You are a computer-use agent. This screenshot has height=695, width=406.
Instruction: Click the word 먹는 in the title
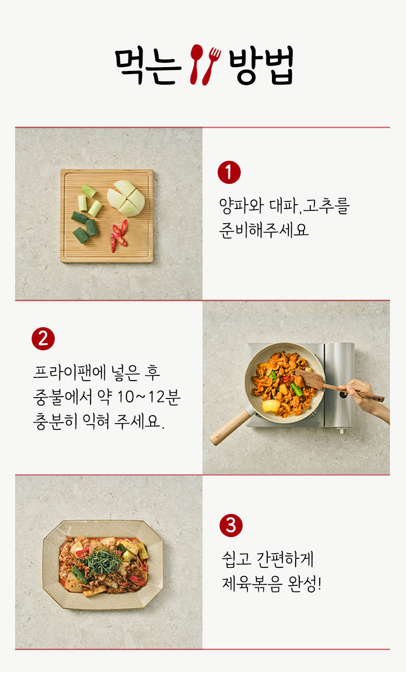coord(148,66)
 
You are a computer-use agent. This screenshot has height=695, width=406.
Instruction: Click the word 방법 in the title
coord(261,66)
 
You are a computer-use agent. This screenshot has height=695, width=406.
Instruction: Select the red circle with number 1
coord(229,172)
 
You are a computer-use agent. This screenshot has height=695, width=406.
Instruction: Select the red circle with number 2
coord(43,339)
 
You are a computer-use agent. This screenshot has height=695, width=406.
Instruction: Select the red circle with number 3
coord(231,525)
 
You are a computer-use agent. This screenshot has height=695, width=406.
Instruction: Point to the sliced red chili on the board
coord(119,234)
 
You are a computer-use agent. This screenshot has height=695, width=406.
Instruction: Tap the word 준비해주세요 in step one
coord(263,230)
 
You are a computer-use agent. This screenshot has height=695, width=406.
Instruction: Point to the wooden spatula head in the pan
coord(309,379)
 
